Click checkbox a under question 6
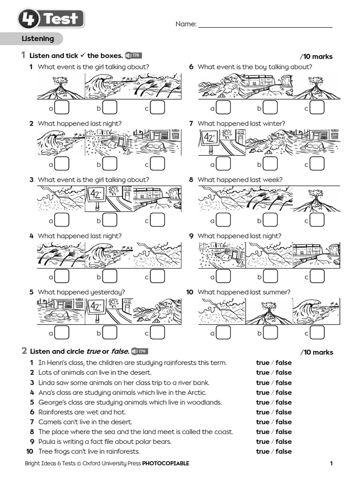[223, 108]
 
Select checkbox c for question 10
[317, 333]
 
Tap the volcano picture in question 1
[61, 86]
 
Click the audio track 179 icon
[139, 351]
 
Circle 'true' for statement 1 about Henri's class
[262, 362]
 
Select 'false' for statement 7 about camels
[284, 422]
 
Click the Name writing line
[265, 27]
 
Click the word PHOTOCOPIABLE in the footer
[165, 464]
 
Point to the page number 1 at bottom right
[331, 464]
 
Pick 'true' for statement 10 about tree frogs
[262, 451]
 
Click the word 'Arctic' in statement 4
[196, 392]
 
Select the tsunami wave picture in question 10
[316, 311]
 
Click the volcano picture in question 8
[316, 199]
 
